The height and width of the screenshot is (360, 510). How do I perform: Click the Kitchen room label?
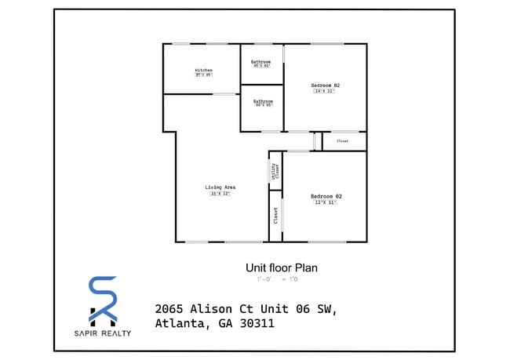203,71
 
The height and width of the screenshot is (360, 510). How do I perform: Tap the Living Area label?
220,187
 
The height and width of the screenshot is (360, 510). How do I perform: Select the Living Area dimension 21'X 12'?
220,194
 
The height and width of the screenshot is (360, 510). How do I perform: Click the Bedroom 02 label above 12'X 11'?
326,196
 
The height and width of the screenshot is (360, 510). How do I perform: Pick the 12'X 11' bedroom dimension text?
326,202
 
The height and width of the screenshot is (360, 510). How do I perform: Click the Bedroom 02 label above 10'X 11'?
325,85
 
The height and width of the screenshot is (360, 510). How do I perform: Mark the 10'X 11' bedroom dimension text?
325,91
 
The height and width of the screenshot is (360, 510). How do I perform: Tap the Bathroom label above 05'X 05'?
261,61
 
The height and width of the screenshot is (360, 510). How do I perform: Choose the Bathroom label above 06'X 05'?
263,101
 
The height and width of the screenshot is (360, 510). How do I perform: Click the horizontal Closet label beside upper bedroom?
343,141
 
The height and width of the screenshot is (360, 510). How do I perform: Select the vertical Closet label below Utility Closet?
276,215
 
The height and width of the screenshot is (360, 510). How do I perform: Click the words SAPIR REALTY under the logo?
103,333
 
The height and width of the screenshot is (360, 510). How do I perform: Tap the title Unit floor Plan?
282,267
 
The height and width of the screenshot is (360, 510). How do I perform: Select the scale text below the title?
277,279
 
